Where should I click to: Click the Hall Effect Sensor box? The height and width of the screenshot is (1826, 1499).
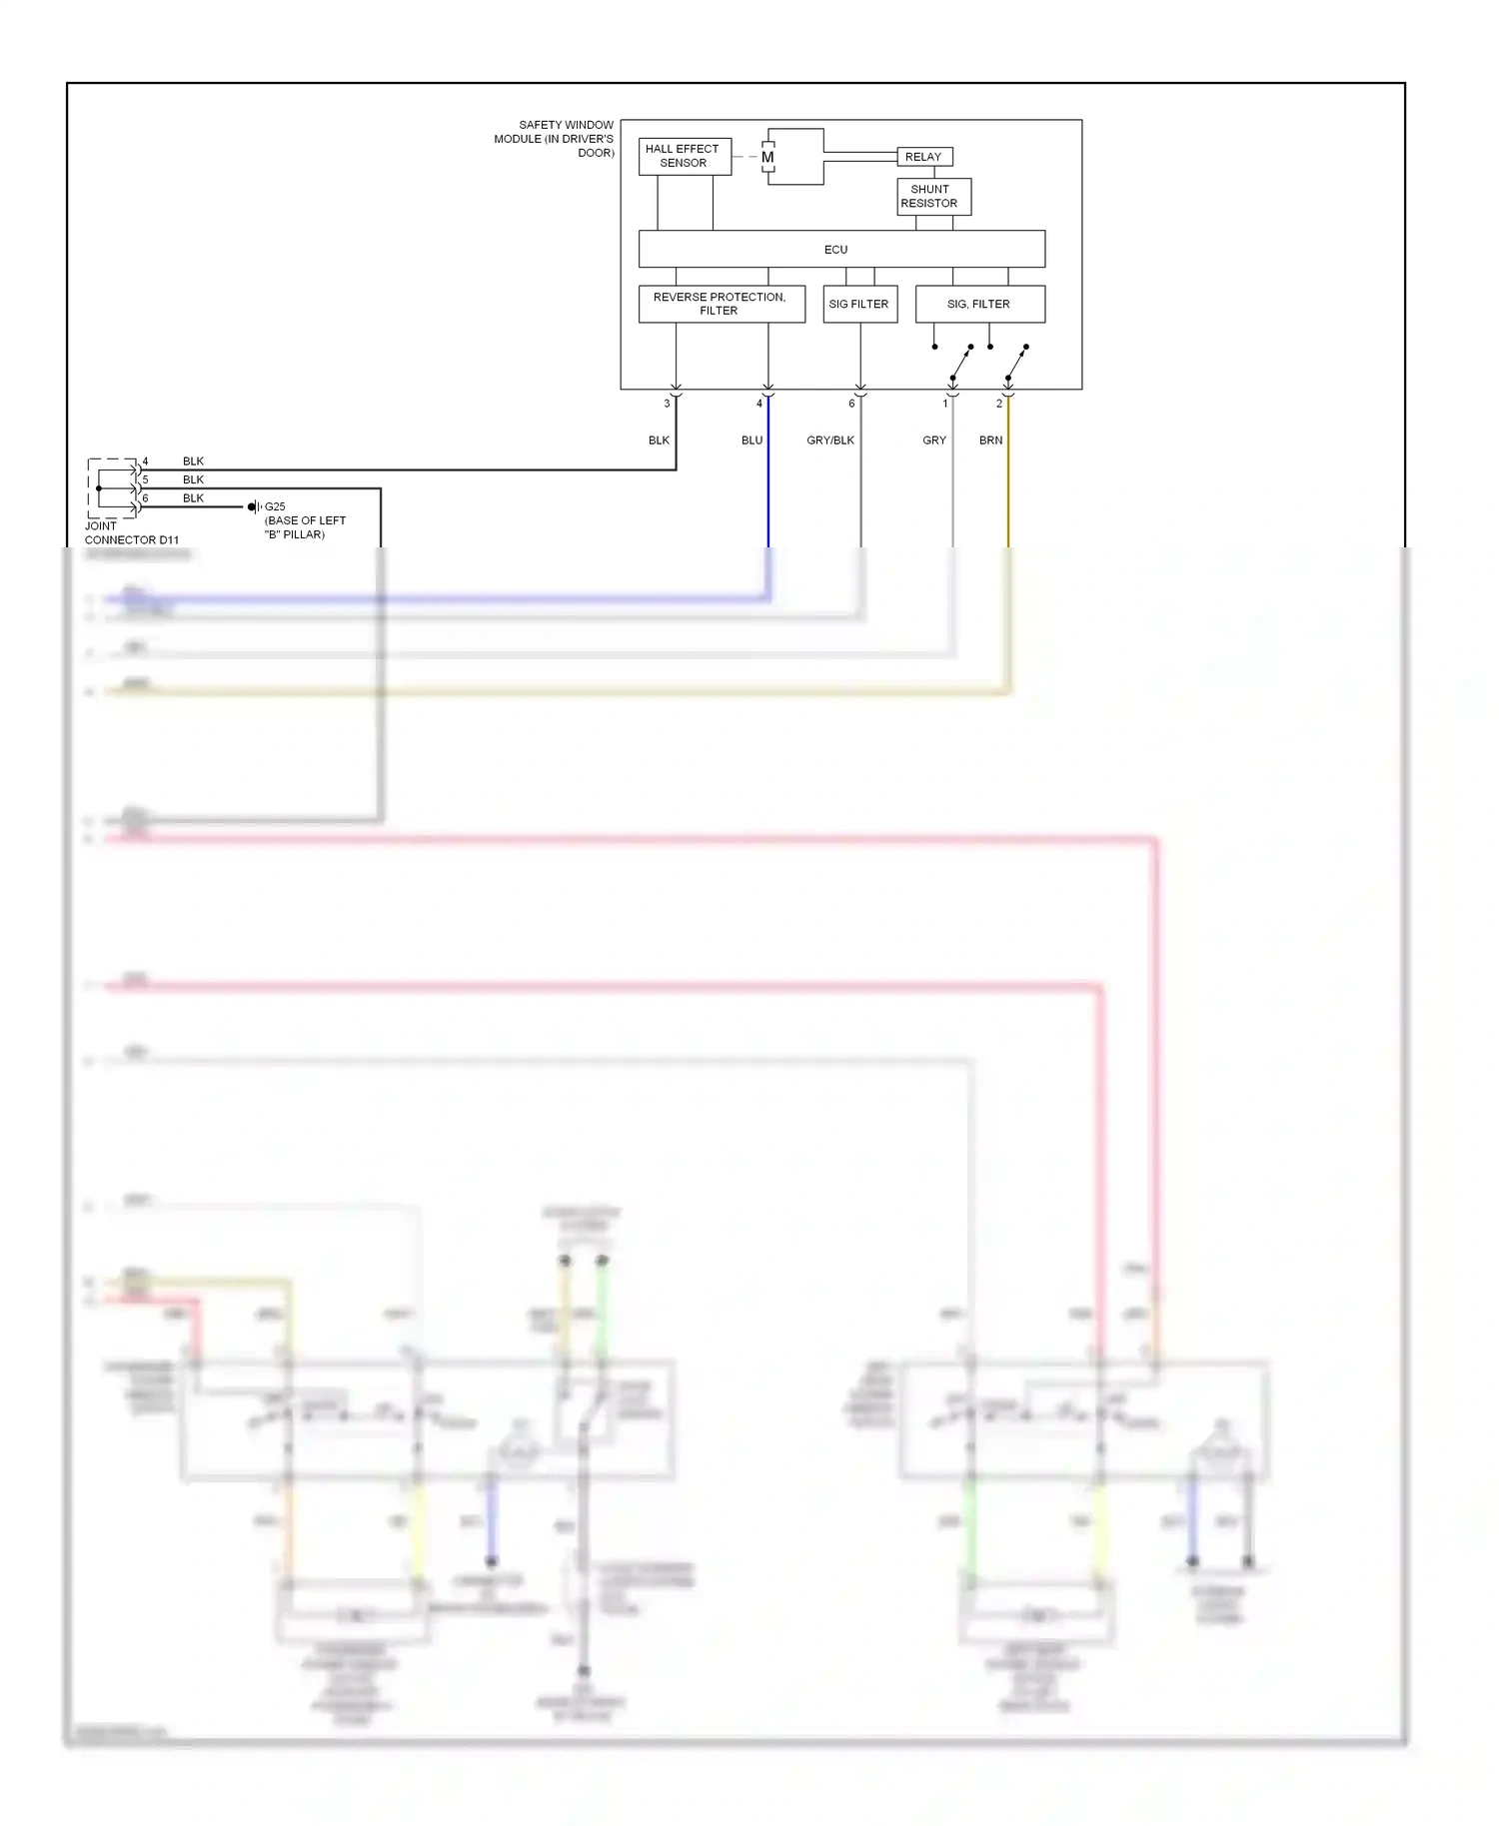685,156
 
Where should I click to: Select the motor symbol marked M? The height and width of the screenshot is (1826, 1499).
767,157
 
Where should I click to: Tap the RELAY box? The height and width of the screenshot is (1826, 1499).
923,157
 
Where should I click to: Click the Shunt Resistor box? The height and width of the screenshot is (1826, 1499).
932,196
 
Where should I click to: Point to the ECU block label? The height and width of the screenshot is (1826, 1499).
835,250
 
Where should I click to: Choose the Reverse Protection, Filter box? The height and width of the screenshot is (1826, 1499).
721,304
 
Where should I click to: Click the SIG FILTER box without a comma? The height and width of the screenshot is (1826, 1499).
859,304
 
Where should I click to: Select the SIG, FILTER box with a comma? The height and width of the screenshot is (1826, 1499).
979,304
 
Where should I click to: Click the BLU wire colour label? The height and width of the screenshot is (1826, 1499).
751,441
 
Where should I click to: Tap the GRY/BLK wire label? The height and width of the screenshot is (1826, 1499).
830,441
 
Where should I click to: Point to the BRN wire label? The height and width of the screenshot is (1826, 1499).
990,441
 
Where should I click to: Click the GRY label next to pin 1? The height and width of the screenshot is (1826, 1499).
933,441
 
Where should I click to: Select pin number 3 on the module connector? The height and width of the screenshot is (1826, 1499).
667,404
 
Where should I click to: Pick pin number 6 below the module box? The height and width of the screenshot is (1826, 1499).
851,404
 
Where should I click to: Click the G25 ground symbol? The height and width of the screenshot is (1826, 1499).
254,507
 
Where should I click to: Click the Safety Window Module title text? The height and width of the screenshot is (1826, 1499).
556,139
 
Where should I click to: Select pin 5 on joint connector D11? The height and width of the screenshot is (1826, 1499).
145,479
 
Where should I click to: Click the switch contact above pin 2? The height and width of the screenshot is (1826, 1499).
1016,363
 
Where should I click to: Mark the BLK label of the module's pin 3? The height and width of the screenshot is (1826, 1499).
659,441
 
